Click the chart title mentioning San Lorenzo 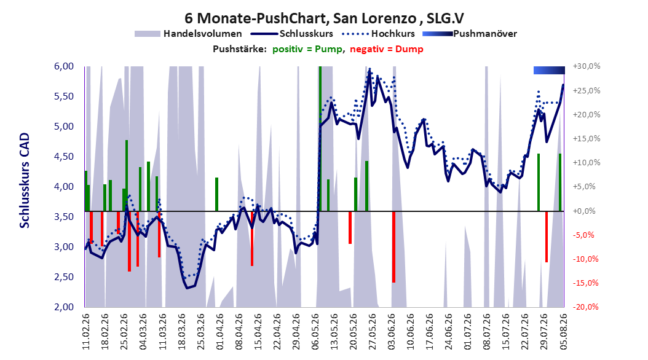coord(324,18)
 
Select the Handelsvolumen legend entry coord(189,34)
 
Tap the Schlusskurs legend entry coord(292,34)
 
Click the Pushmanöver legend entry coord(470,34)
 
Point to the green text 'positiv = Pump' coord(307,49)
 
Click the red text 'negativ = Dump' coord(387,49)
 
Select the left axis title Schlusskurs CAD coord(25,181)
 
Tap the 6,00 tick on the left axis coord(64,66)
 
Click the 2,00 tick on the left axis coord(64,307)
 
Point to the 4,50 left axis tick coord(64,157)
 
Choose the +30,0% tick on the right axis coord(587,66)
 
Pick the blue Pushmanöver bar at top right coord(549,70)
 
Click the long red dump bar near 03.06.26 coord(394,247)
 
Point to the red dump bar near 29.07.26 coord(547,237)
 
